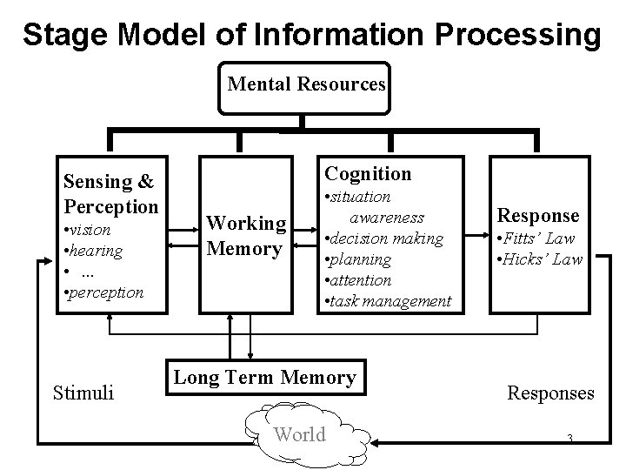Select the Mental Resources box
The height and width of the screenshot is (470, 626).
point(305,85)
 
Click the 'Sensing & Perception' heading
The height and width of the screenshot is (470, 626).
point(110,194)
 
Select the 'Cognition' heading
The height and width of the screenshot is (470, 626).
point(368,174)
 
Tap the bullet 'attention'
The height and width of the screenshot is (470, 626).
point(361,280)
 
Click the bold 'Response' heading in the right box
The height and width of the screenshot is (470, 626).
point(537,215)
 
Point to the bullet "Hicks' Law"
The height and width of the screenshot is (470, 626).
point(540,258)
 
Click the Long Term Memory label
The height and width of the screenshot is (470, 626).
point(264,378)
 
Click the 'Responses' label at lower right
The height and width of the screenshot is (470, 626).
point(550,393)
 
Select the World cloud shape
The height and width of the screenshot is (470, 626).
point(300,434)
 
